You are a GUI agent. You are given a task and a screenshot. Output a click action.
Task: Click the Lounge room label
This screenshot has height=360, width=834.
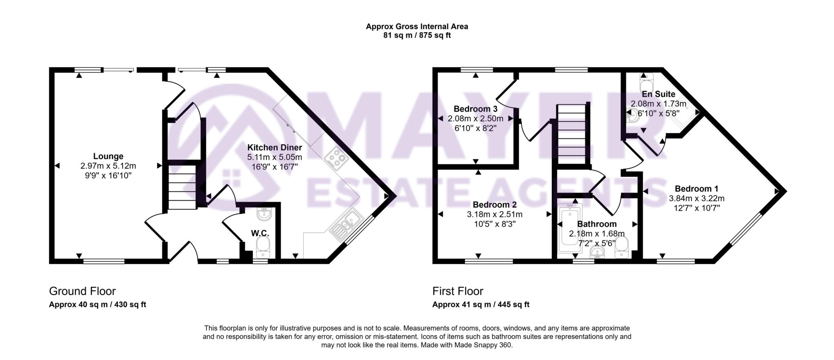[x=108, y=156]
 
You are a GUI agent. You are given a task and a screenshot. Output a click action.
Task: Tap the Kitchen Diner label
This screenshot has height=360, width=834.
[x=274, y=147]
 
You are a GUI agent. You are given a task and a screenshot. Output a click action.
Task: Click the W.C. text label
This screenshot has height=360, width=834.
[x=260, y=233]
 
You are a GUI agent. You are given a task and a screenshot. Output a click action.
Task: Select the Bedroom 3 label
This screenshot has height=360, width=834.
[x=475, y=109]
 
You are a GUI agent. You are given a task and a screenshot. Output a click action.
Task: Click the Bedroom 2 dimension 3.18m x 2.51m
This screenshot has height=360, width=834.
[x=494, y=214]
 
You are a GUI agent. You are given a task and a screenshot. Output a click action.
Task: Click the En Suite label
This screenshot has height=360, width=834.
[x=658, y=94]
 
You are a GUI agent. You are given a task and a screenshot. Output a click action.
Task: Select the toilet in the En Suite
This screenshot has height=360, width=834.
[x=647, y=83]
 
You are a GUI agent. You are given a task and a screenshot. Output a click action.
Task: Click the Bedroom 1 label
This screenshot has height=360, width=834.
[x=696, y=189]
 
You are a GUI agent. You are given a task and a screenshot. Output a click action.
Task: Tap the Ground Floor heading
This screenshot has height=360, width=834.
[x=82, y=291]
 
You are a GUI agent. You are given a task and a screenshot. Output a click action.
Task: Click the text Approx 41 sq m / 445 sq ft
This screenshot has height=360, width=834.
[x=481, y=305]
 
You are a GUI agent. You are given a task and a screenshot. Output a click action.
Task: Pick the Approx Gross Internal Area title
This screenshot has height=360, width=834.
[x=417, y=26]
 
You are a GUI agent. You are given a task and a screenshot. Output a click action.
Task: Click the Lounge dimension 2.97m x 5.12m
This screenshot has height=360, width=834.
[x=108, y=166]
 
